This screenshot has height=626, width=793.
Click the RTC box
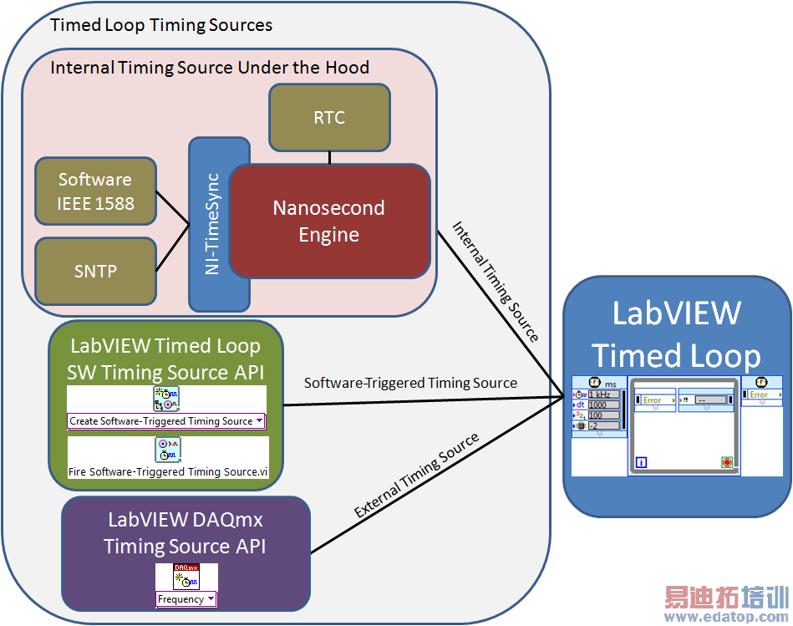point(329,117)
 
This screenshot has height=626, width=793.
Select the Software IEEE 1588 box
point(95,191)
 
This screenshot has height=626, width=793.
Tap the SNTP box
point(95,271)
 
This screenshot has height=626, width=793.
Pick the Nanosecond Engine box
point(329,221)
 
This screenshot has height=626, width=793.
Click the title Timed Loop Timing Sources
point(161,24)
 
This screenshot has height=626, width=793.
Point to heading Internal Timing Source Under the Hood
point(210,68)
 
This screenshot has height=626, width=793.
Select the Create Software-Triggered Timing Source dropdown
point(166,421)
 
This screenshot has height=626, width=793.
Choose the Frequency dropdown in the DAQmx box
point(186,599)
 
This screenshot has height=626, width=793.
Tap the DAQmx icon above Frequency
point(186,577)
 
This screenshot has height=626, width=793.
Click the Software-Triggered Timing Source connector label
point(410,384)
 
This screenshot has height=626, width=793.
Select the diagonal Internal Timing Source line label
point(496,281)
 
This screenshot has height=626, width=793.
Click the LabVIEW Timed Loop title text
point(676,334)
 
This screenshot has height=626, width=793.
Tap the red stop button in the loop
point(726,462)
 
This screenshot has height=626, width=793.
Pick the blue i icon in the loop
point(641,461)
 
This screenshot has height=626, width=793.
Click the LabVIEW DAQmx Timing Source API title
point(185,532)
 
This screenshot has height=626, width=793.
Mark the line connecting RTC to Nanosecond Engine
point(329,157)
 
